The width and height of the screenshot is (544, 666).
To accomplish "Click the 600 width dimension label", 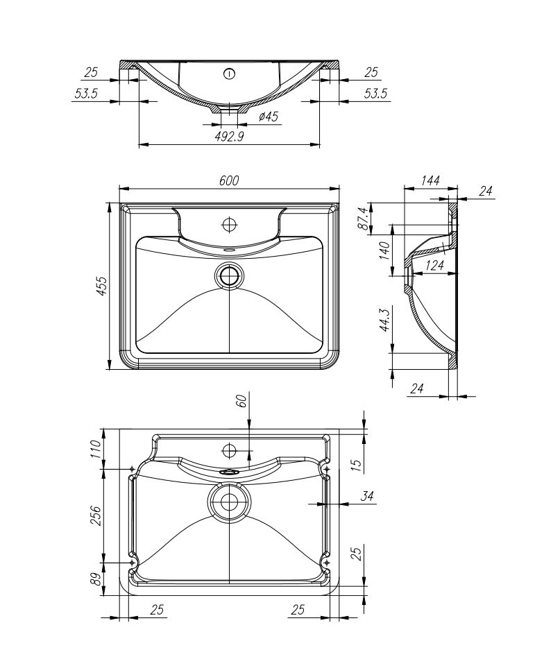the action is click(x=229, y=180).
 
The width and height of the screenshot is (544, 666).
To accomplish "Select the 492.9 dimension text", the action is click(x=229, y=137).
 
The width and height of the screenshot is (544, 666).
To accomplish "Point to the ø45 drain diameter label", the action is click(x=269, y=116).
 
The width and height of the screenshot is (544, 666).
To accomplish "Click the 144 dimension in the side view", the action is click(x=430, y=180).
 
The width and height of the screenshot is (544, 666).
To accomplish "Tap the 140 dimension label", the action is click(x=384, y=250).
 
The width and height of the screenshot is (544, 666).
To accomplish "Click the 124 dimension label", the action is click(x=434, y=266).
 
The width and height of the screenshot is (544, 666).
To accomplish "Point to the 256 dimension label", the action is click(x=96, y=516).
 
